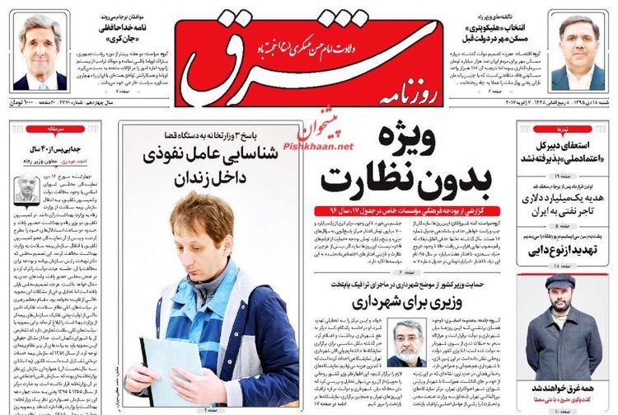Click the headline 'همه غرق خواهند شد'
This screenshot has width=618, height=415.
point(559,389)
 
